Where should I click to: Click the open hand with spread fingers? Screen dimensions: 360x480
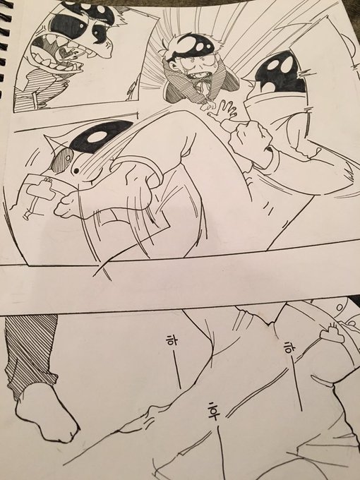[223, 111]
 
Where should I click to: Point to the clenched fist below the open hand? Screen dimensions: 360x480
[251, 143]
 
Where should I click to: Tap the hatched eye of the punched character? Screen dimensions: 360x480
[62, 160]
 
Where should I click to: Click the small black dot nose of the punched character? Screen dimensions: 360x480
[76, 171]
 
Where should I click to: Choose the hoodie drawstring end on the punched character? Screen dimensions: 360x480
[27, 215]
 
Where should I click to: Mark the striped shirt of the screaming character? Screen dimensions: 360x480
[40, 91]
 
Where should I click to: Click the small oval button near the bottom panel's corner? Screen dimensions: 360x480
[340, 307]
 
